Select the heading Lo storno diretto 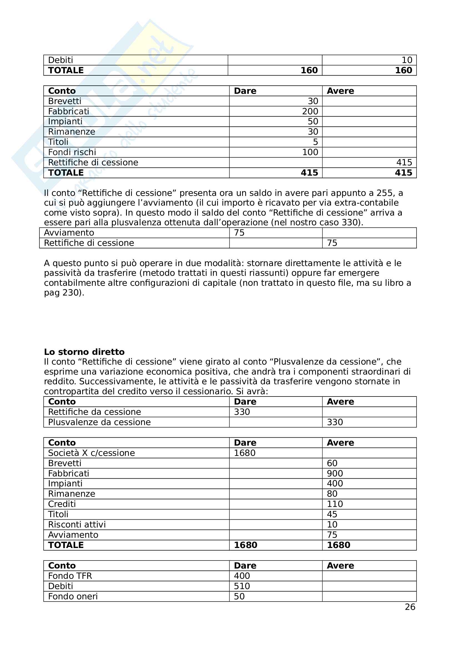84,352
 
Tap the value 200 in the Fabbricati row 310,111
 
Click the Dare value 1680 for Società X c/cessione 245,453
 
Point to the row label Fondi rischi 72,152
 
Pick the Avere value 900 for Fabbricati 335,473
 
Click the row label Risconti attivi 77,525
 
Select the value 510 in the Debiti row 242,586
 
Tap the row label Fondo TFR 70,576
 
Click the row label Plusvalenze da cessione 99,422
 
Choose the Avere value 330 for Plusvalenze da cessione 335,422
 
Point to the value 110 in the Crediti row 335,504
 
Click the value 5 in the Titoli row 315,142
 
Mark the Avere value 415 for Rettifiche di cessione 404,163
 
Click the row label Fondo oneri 73,597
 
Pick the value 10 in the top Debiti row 407,60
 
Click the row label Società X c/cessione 91,453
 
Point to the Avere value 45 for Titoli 332,514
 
